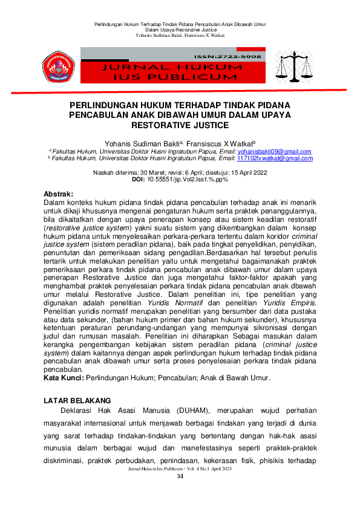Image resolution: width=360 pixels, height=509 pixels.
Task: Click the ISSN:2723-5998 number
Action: point(237,56)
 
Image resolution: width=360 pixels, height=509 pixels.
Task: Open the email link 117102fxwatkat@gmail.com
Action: point(275,158)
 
